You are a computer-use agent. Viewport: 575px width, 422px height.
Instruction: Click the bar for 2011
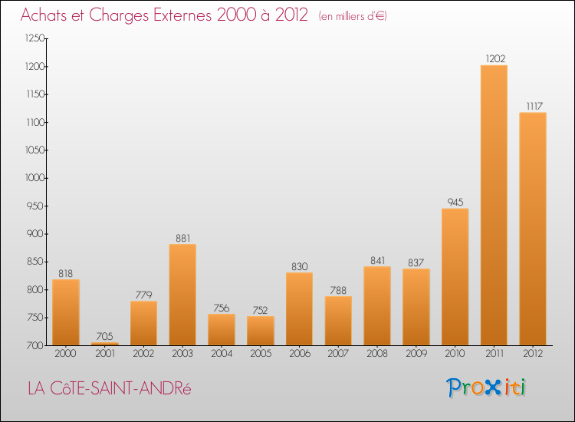(x=494, y=205)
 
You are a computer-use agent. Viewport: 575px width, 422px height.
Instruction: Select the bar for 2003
(x=182, y=295)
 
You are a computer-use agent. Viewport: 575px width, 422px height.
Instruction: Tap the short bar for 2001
(x=105, y=343)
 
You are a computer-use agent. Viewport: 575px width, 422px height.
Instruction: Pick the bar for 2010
(x=455, y=277)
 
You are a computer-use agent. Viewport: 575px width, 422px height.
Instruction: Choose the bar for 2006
(x=299, y=308)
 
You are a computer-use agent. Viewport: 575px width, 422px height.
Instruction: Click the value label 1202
(x=494, y=58)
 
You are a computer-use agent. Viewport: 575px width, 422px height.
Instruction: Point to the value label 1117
(x=533, y=106)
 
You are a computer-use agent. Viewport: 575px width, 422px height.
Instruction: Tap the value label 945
(x=455, y=203)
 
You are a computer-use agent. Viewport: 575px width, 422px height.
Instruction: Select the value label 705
(x=105, y=336)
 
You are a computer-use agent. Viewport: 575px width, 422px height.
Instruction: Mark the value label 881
(x=182, y=238)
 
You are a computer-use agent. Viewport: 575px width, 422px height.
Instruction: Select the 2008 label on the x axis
(x=377, y=354)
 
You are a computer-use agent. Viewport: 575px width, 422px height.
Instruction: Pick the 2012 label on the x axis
(x=533, y=354)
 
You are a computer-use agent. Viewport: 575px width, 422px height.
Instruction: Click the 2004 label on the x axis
(x=222, y=354)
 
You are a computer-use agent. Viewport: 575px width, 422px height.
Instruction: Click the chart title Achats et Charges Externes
(x=164, y=15)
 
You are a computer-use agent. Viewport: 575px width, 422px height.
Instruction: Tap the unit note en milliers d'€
(x=353, y=16)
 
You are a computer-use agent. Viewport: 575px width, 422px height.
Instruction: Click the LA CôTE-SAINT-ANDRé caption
(x=109, y=388)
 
